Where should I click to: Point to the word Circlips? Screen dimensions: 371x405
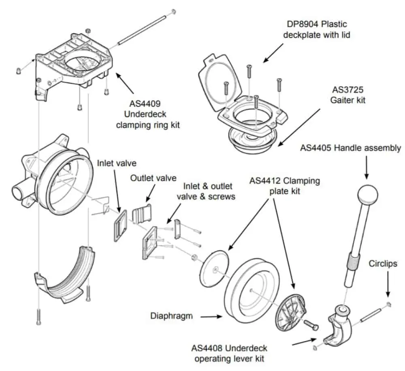coord(383,264)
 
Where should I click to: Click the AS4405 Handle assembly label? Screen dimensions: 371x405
coord(350,148)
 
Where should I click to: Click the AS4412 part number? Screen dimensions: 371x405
coord(267,180)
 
